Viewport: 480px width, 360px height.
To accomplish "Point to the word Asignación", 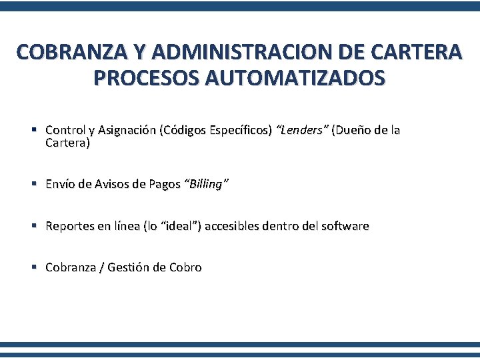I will point(127,131).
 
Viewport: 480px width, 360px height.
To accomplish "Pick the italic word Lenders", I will point(301,131).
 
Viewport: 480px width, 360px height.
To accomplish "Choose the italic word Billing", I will point(205,185).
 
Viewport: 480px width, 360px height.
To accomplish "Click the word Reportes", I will point(69,227).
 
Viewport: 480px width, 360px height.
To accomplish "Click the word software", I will point(345,227).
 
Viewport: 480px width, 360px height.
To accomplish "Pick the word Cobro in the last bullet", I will point(185,268).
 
